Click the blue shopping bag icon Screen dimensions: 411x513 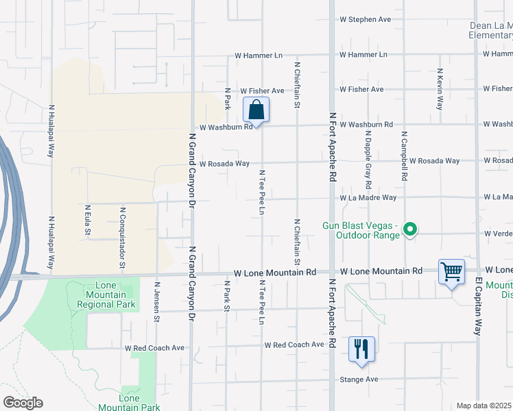point(256,110)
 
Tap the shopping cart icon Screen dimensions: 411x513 point(452,272)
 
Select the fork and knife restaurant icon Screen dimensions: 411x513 point(361,349)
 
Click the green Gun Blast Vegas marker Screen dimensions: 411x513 point(410,229)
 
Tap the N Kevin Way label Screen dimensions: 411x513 point(439,89)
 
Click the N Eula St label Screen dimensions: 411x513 point(87,220)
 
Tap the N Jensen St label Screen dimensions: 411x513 point(157,302)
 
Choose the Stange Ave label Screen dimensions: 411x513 point(359,379)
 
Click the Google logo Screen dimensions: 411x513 point(23,403)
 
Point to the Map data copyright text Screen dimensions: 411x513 point(484,406)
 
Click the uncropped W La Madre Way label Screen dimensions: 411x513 point(368,197)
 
